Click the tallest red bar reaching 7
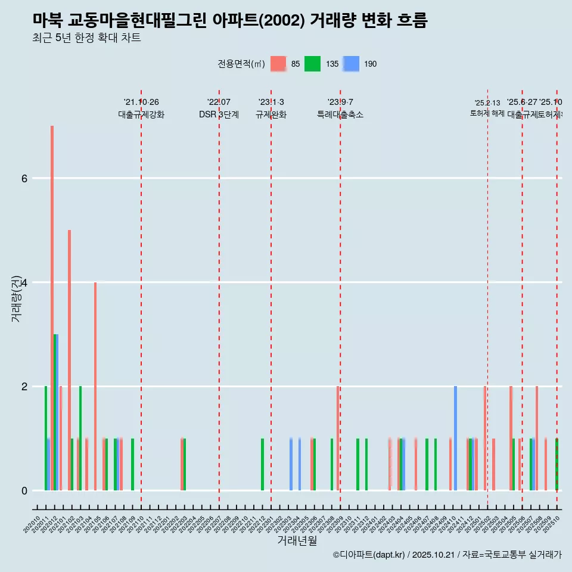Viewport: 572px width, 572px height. pyautogui.click(x=52, y=307)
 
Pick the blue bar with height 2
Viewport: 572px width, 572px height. pyautogui.click(x=455, y=438)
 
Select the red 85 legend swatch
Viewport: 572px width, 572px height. pyautogui.click(x=278, y=64)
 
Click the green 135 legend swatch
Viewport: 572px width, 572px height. pyautogui.click(x=312, y=64)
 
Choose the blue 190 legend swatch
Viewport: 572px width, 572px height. pyautogui.click(x=352, y=64)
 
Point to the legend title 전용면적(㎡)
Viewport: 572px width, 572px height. pyautogui.click(x=241, y=64)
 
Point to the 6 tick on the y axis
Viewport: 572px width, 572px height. pyautogui.click(x=24, y=178)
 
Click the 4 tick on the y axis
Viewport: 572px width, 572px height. pyautogui.click(x=24, y=282)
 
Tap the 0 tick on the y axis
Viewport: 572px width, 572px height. pyautogui.click(x=24, y=490)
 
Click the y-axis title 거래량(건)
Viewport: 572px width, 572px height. pyautogui.click(x=17, y=298)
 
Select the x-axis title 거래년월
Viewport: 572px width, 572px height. pyautogui.click(x=297, y=540)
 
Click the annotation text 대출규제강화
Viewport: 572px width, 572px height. pyautogui.click(x=141, y=114)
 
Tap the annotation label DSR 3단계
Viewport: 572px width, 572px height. pyautogui.click(x=219, y=114)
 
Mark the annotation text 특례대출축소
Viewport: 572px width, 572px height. pyautogui.click(x=340, y=114)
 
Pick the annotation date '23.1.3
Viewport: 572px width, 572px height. pyautogui.click(x=271, y=102)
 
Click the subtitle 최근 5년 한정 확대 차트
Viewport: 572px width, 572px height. pyautogui.click(x=86, y=38)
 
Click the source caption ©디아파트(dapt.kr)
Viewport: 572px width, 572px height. pyautogui.click(x=369, y=555)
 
